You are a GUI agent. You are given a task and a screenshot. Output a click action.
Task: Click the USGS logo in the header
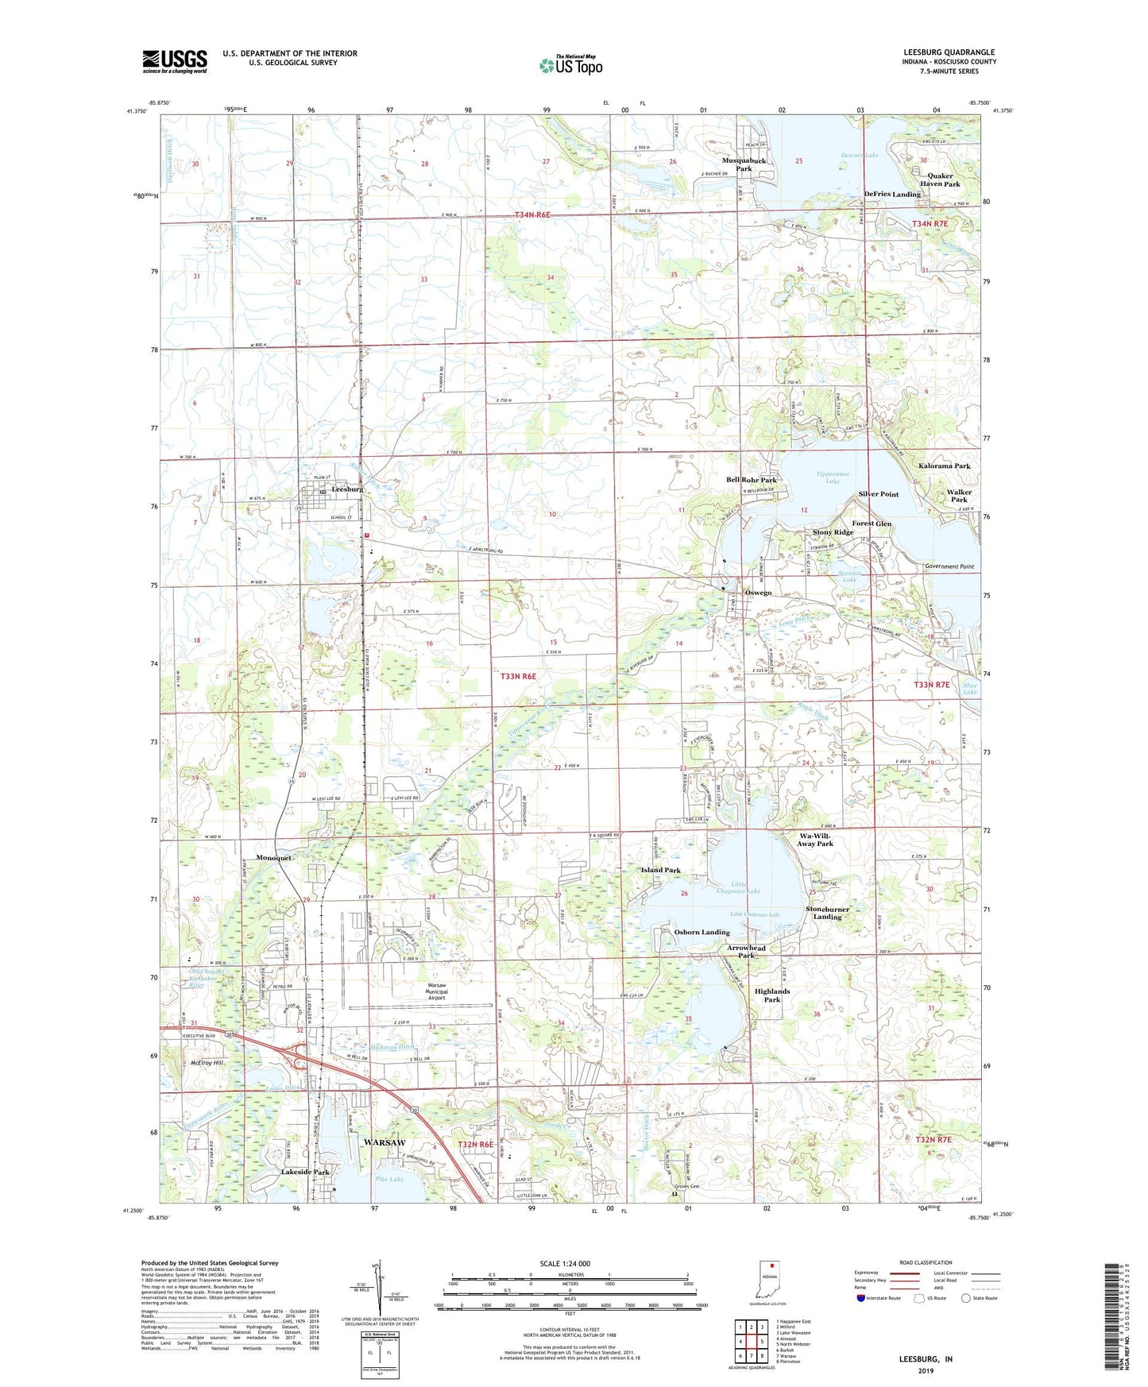pyautogui.click(x=174, y=60)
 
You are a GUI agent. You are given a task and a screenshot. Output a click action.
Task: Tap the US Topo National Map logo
pyautogui.click(x=570, y=64)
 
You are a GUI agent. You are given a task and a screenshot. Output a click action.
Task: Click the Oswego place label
pyautogui.click(x=758, y=593)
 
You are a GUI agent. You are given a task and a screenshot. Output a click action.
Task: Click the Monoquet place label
pyautogui.click(x=274, y=858)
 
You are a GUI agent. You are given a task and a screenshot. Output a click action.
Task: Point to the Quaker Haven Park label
pyautogui.click(x=940, y=180)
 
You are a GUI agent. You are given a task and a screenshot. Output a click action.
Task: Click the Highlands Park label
pyautogui.click(x=771, y=995)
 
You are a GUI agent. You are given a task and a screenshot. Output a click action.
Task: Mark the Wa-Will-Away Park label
pyautogui.click(x=815, y=840)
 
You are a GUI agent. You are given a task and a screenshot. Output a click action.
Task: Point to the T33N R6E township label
pyautogui.click(x=518, y=676)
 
